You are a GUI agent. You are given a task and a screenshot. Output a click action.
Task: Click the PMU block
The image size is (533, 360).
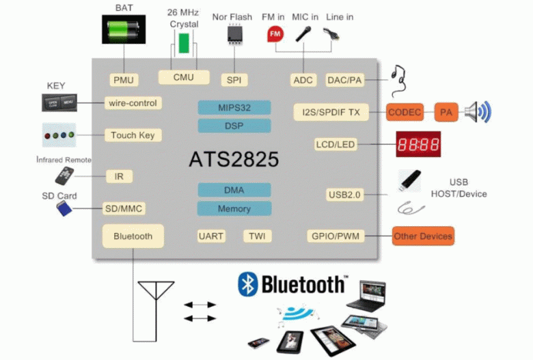coord(124,80)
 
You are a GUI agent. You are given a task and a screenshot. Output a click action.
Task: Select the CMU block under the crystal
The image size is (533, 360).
coord(183,77)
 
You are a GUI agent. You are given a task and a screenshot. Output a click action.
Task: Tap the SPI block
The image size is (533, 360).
coord(234,80)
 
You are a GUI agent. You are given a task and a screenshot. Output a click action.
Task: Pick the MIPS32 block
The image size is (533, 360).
coord(234,108)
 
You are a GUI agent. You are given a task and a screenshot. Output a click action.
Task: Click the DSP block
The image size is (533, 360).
coord(234,126)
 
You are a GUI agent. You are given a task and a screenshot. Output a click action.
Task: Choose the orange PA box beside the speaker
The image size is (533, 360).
coord(446,112)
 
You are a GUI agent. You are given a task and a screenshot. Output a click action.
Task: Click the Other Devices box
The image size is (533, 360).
coord(422,236)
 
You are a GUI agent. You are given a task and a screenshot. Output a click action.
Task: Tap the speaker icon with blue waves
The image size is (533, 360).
coord(477,112)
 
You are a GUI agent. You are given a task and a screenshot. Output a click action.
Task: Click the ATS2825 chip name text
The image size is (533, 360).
coord(234,160)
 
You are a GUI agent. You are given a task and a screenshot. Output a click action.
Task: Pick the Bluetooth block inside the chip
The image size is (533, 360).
coord(133,236)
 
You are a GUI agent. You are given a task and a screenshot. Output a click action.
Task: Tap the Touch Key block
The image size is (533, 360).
coord(133,135)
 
